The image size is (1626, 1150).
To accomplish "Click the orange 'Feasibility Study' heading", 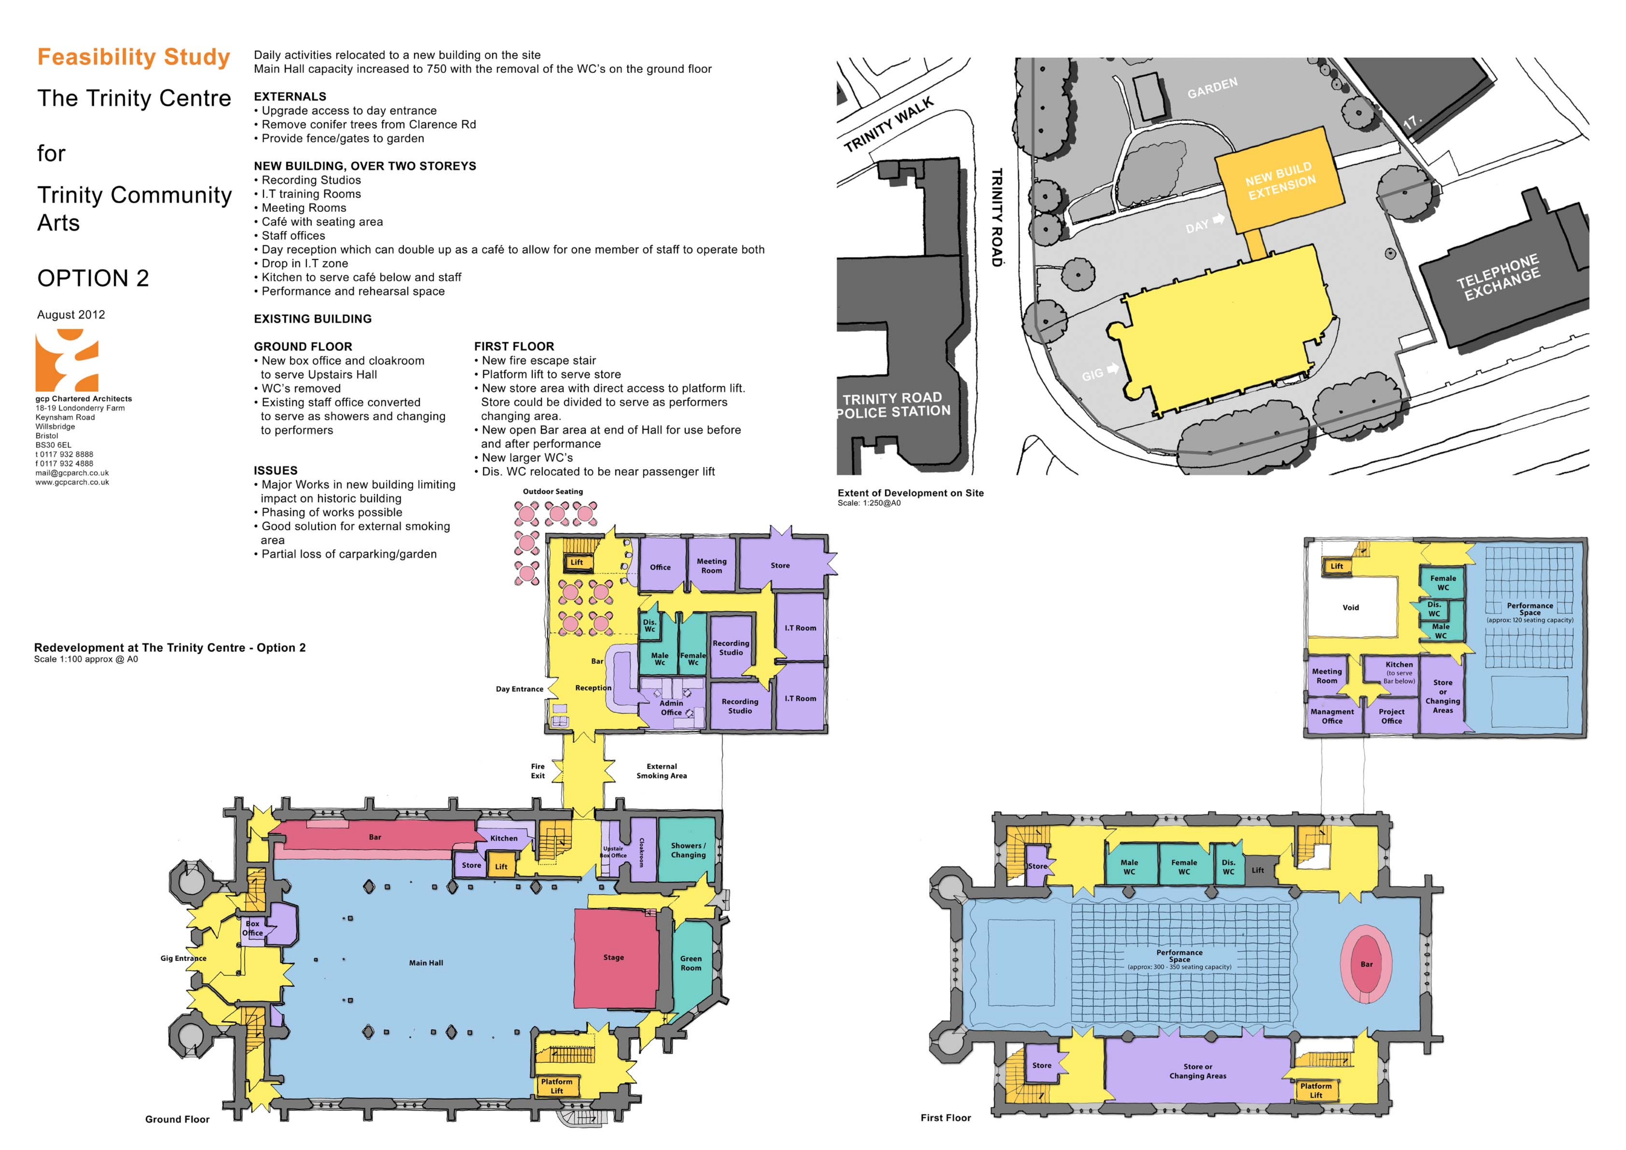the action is coord(134,57).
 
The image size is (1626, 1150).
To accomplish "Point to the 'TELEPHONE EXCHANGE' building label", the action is coord(1498,277).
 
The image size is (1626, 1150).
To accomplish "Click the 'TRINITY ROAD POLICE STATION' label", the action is coord(894,404).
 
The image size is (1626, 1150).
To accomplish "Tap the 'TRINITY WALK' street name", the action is coord(889,125).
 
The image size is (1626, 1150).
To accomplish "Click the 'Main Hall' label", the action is coord(426,962).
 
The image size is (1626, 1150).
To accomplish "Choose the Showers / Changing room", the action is coord(688,850).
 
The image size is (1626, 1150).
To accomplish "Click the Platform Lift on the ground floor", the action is coord(557,1085).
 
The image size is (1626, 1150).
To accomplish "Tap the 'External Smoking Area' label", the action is coord(662,771).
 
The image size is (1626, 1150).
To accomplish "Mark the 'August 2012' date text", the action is coord(71,314).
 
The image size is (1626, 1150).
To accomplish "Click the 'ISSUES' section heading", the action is coord(276,470).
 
